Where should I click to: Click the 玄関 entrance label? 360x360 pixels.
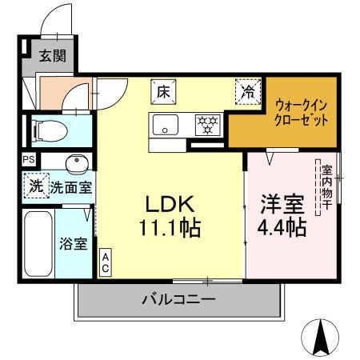pos(54,56)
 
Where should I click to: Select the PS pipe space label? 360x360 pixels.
pos(29,159)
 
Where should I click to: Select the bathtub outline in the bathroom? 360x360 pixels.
pos(38,244)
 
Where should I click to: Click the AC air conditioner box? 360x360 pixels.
pos(105,262)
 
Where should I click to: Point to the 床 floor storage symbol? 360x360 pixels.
pos(162,92)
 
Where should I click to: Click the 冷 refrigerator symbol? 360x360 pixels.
pos(249,92)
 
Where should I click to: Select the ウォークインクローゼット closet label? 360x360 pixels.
pos(301,112)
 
